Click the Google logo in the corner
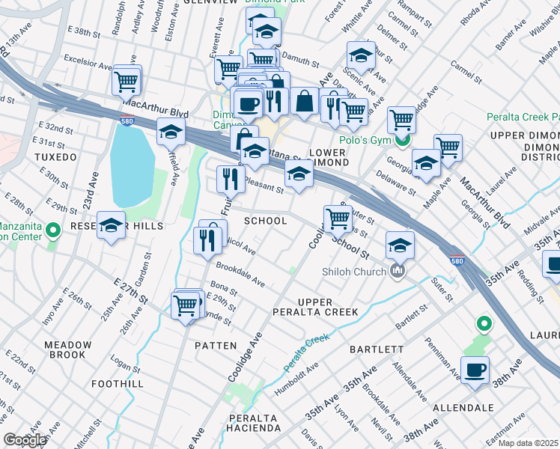(25, 440)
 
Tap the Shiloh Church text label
(353, 271)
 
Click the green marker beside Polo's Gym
(404, 141)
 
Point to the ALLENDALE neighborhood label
(463, 408)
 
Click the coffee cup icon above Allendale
(475, 369)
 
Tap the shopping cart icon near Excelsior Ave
(127, 79)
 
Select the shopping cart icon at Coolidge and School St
(338, 218)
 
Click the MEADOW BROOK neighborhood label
(68, 351)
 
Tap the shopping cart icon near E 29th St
(186, 305)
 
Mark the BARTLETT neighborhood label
(377, 349)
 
